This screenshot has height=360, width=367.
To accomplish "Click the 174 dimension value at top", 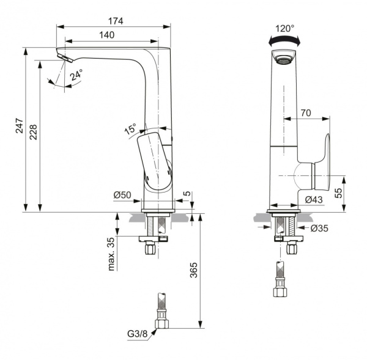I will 114,21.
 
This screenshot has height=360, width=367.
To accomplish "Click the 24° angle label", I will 76,76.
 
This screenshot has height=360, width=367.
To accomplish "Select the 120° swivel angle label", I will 284,28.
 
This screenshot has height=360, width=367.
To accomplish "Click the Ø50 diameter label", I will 122,195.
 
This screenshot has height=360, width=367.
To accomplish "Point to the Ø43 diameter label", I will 314,199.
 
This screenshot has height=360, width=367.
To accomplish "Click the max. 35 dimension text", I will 112,254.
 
